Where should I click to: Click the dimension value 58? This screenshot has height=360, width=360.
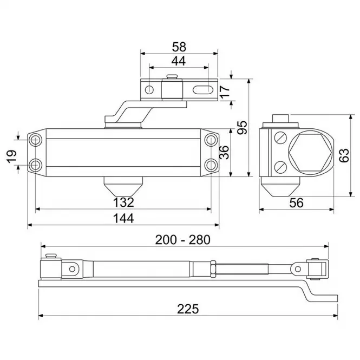click(179, 47)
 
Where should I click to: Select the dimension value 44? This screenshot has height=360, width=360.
click(179, 61)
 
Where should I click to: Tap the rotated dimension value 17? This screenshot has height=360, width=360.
click(225, 91)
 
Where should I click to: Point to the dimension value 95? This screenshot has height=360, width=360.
click(243, 127)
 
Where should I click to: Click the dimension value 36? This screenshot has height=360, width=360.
click(224, 152)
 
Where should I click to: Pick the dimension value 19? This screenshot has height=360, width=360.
click(12, 156)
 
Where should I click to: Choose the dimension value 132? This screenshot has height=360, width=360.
click(123, 202)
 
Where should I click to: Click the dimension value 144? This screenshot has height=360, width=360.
click(123, 218)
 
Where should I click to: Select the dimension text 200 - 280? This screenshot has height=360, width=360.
click(183, 240)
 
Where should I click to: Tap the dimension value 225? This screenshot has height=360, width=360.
click(188, 309)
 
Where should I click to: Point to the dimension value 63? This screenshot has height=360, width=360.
click(344, 155)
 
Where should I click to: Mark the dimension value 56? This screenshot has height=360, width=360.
click(296, 203)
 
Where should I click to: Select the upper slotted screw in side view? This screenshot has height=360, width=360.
click(280, 138)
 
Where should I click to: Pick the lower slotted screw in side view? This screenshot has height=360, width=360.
click(280, 167)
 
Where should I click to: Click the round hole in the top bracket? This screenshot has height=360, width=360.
click(150, 89)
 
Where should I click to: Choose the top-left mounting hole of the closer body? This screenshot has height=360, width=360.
click(35, 140)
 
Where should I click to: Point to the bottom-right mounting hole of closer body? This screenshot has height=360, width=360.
click(211, 165)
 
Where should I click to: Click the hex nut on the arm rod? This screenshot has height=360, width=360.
click(213, 269)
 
